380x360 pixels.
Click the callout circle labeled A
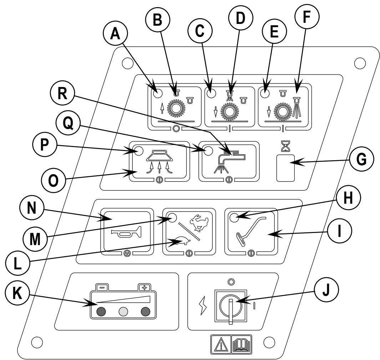(x=115, y=33)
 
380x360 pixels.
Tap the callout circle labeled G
(x=361, y=159)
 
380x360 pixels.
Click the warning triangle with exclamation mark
(x=221, y=344)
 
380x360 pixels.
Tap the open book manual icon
(x=241, y=344)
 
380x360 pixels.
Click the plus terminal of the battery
(x=145, y=288)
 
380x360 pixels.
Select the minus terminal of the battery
(x=102, y=288)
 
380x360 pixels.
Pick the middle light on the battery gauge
(x=123, y=311)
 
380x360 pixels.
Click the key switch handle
(x=230, y=311)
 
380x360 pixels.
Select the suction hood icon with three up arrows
(x=159, y=162)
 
